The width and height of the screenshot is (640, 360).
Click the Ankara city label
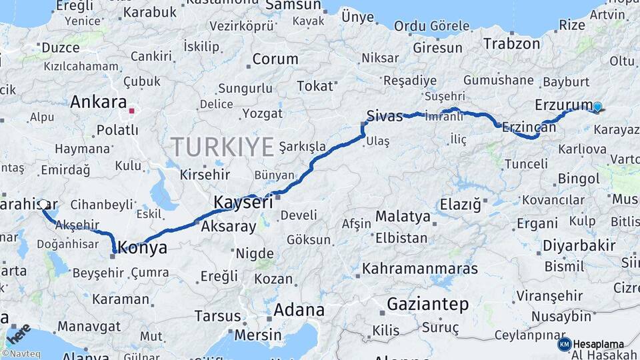click(x=99, y=103)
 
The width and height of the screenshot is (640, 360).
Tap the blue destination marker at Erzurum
click(x=597, y=107)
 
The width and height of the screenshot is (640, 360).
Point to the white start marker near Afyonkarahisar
click(x=43, y=204)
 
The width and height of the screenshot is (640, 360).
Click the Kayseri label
click(x=243, y=202)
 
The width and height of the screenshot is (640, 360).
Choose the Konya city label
click(x=142, y=248)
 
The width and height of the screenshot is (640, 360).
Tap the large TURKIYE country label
click(x=223, y=146)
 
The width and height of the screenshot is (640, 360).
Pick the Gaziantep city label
click(x=427, y=304)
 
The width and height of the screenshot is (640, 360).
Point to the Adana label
click(x=299, y=310)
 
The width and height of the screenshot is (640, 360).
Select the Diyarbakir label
click(x=579, y=245)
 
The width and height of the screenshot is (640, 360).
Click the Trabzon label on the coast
click(x=512, y=44)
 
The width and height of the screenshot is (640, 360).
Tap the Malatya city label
click(x=403, y=217)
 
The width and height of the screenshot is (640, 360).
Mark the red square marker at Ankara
click(x=133, y=111)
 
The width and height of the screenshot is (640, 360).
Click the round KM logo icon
click(x=564, y=344)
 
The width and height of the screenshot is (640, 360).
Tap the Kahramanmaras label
click(x=420, y=269)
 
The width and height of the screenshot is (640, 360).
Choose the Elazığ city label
click(x=460, y=205)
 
